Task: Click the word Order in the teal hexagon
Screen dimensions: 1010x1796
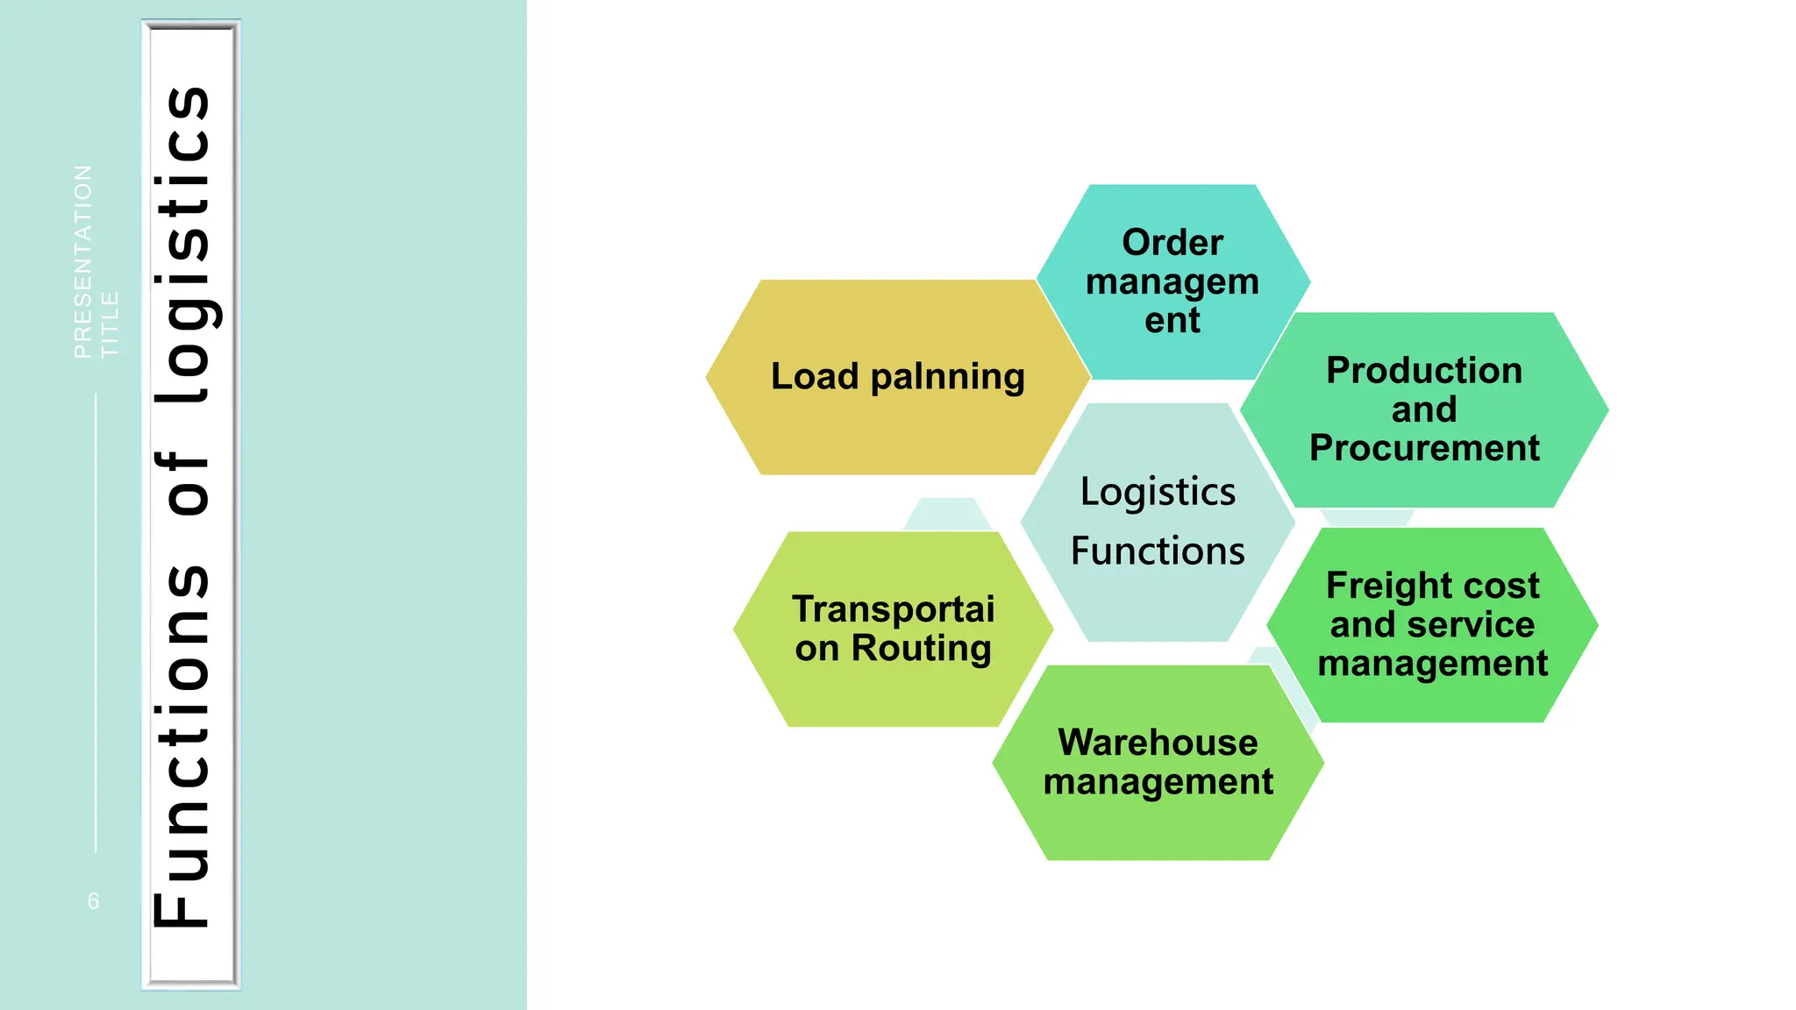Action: tap(1172, 243)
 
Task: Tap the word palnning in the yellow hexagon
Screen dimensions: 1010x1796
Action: tap(947, 377)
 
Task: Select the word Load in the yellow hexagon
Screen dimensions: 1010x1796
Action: tap(814, 376)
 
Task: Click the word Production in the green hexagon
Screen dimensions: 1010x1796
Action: tap(1423, 370)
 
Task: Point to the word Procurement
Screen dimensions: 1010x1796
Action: tap(1423, 448)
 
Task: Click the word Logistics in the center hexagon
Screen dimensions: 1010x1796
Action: tap(1158, 492)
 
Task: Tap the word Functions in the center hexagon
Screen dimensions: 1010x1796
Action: tap(1158, 551)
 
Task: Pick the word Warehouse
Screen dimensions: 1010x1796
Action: tap(1158, 743)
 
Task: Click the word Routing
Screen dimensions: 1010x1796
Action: tap(921, 649)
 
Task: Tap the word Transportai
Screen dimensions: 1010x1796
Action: tap(893, 609)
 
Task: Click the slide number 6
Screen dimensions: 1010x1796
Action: tap(94, 901)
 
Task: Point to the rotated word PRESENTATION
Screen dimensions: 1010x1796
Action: tap(82, 261)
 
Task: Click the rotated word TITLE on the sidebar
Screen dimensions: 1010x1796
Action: tap(110, 324)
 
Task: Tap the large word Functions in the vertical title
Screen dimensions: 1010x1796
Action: tap(186, 745)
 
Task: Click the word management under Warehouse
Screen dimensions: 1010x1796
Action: tap(1158, 782)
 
